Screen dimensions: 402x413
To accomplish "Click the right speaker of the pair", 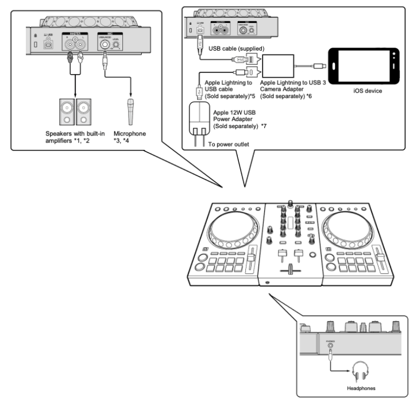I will [x=84, y=111].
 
